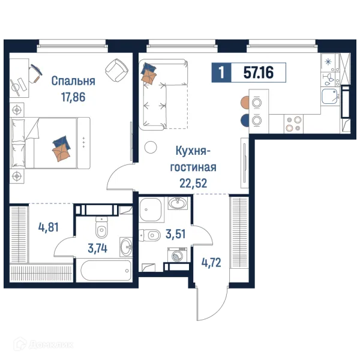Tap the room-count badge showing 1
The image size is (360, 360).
point(221,73)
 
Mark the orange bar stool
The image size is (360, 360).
point(244,102)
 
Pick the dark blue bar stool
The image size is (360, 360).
point(244,120)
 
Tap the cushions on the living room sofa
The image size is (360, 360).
point(149,74)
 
